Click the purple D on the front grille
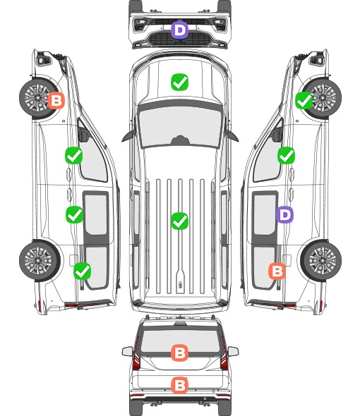point(180,30)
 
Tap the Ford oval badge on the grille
point(180,41)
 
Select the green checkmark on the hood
point(180,82)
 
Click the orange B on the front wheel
point(56,100)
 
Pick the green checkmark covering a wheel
point(304,101)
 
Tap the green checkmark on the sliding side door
point(74,214)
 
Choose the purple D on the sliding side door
point(284,214)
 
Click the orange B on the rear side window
point(277,271)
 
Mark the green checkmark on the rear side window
point(83,271)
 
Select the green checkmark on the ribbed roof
point(180,221)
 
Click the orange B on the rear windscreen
point(180,353)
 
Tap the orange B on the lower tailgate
point(180,385)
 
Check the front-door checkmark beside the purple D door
point(286,155)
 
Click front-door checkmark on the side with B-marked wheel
point(74,155)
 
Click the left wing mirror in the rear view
point(128,351)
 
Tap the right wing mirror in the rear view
point(233,351)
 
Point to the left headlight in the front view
point(140,25)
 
